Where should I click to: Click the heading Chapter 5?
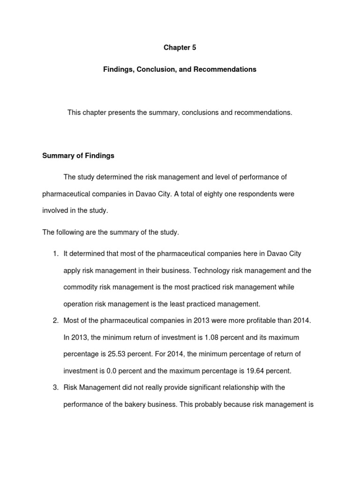click(180, 47)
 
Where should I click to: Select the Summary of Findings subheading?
click(78, 156)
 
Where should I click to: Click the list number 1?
click(55, 254)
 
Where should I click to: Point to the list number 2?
click(55, 320)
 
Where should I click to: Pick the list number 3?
click(55, 387)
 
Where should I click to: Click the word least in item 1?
click(189, 304)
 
